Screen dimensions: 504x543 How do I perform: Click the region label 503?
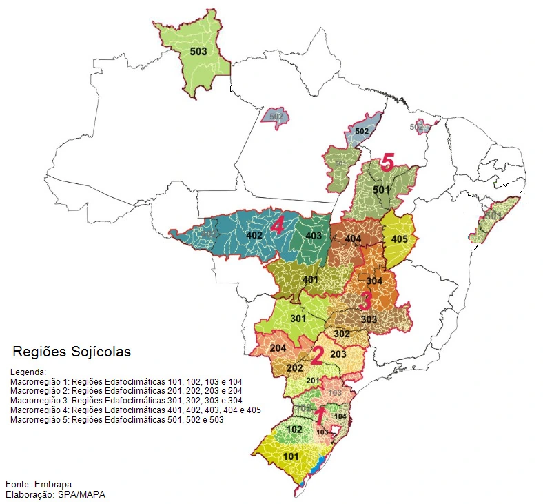coord(198,52)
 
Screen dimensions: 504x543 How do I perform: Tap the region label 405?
coord(399,239)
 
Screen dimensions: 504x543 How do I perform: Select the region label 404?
coord(353,239)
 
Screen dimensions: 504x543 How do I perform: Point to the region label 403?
coord(314,236)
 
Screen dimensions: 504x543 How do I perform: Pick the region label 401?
coord(310,279)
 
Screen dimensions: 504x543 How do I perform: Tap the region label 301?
coord(298,319)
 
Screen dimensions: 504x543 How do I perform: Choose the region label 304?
coord(374,281)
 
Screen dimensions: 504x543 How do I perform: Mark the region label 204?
coord(278,348)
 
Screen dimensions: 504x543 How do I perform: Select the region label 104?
coord(340,416)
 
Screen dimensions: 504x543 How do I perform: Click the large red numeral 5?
coord(387,163)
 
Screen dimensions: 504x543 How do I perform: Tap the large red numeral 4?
coord(278,225)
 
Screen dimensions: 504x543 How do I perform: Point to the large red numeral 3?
coord(365,301)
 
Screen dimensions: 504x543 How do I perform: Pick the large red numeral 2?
coord(317,356)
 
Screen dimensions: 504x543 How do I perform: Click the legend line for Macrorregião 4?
coord(135,410)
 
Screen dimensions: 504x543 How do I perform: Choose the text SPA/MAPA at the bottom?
coord(82,494)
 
